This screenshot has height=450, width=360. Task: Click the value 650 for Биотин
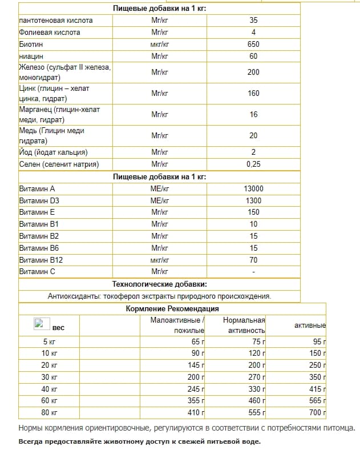pyautogui.click(x=253, y=44)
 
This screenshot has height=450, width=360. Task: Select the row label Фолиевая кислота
pyautogui.click(x=50, y=33)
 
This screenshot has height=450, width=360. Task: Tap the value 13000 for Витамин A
pyautogui.click(x=253, y=188)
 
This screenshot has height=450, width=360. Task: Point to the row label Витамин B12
pyautogui.click(x=41, y=260)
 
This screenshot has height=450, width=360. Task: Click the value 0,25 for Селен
pyautogui.click(x=253, y=164)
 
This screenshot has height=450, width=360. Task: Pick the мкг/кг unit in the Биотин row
pyautogui.click(x=160, y=44)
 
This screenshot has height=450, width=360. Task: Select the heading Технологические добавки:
pyautogui.click(x=159, y=284)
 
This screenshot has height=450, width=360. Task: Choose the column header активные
pyautogui.click(x=310, y=326)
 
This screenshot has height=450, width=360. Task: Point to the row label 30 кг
pyautogui.click(x=50, y=377)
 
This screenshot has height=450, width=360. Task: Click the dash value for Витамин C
pyautogui.click(x=253, y=272)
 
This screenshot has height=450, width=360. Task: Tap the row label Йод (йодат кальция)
pyautogui.click(x=53, y=152)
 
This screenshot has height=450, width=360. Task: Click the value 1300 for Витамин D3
pyautogui.click(x=253, y=200)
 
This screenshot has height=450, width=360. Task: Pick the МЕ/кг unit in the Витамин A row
pyautogui.click(x=160, y=188)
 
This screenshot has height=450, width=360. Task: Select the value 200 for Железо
pyautogui.click(x=253, y=72)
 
